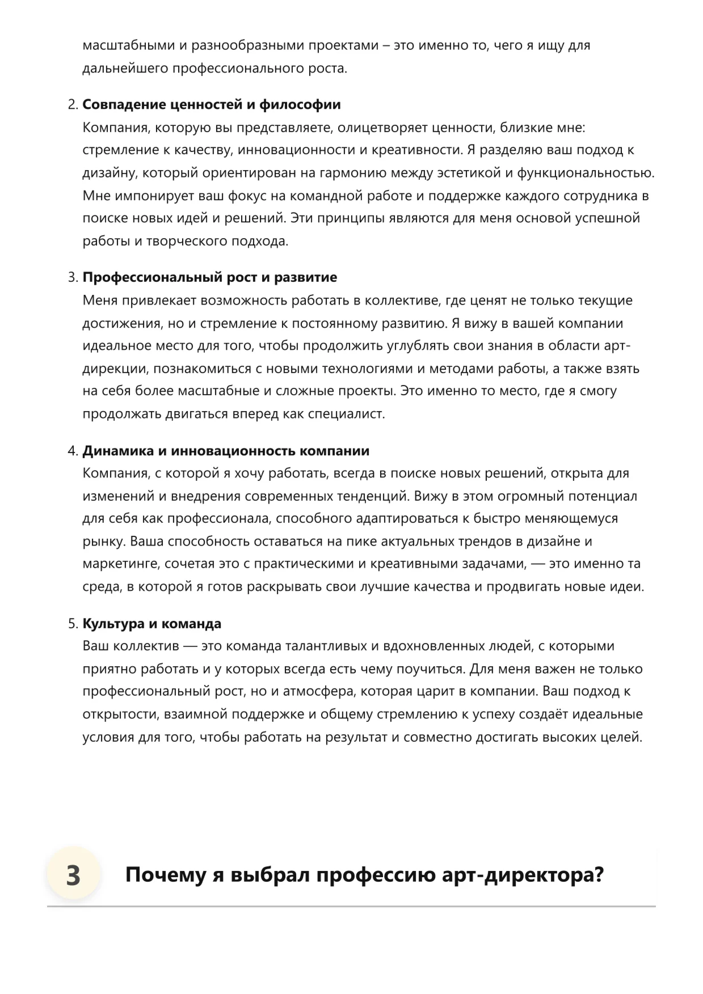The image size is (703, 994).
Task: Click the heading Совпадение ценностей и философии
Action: coord(211,105)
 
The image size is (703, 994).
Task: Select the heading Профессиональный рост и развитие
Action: coord(209,278)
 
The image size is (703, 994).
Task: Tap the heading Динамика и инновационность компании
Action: coord(226,451)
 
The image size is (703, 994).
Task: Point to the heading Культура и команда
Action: coord(151,624)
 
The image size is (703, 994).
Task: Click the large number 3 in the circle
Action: coord(73,875)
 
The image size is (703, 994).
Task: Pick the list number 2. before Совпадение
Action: coord(73,105)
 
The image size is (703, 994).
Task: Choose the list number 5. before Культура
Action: coord(73,624)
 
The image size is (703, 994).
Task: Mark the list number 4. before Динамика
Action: coord(73,451)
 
